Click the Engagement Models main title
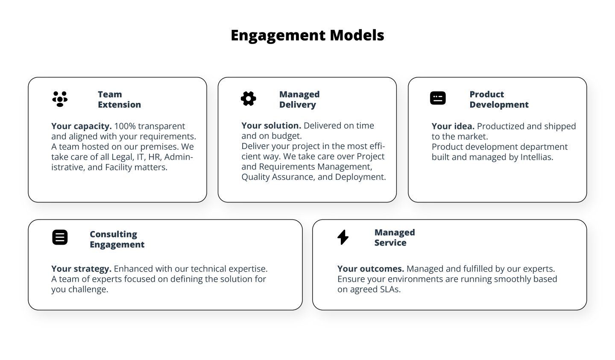click(x=307, y=35)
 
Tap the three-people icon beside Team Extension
click(x=60, y=99)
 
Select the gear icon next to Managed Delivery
click(x=248, y=99)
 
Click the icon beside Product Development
click(x=438, y=98)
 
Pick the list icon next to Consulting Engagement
click(x=60, y=237)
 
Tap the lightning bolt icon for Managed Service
click(x=343, y=237)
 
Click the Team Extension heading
click(x=119, y=100)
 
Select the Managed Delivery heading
click(x=299, y=100)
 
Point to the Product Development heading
click(x=499, y=100)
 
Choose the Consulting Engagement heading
click(x=117, y=239)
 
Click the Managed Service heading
click(x=394, y=237)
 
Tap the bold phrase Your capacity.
click(x=81, y=126)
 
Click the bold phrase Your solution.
click(x=271, y=126)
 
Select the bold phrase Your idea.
click(x=453, y=126)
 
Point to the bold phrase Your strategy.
click(x=81, y=269)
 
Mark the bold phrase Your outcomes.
click(x=370, y=269)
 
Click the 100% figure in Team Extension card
click(x=125, y=126)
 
